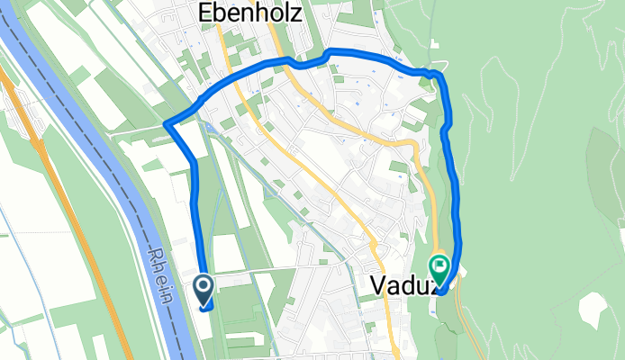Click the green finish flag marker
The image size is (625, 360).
440,267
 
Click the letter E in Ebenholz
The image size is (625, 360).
204,15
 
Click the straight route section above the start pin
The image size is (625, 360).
197,216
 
